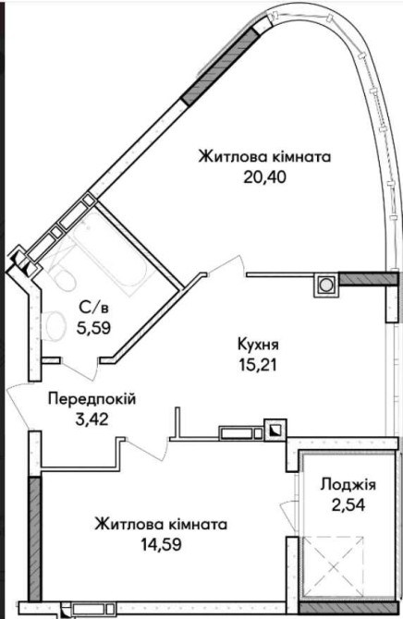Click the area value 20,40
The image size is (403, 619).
click(x=264, y=177)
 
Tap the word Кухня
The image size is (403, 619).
click(x=258, y=345)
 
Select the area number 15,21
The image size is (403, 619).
click(x=258, y=365)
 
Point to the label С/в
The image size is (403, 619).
click(x=93, y=307)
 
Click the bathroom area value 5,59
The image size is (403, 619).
click(x=93, y=328)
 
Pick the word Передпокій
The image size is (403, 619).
click(x=92, y=399)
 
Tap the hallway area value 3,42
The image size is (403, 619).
click(x=92, y=419)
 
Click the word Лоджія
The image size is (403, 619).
click(x=348, y=485)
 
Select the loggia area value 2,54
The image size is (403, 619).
click(x=348, y=504)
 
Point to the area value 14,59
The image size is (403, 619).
click(x=162, y=545)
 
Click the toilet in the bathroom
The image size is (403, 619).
click(x=63, y=276)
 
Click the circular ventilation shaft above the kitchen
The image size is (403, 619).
click(x=326, y=285)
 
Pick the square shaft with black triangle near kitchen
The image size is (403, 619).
click(x=275, y=430)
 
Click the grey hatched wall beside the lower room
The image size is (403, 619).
click(x=35, y=540)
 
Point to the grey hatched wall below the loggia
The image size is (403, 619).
click(x=348, y=608)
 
